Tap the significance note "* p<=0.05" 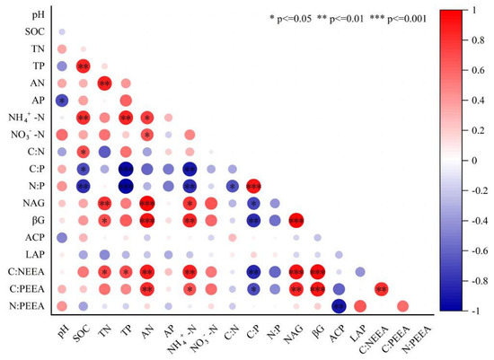click(297, 18)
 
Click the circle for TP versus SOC click(83, 66)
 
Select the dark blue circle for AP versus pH click(61, 101)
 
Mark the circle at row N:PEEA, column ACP click(340, 306)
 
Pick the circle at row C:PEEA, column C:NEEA click(382, 289)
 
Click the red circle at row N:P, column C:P click(253, 186)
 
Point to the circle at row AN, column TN click(104, 83)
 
